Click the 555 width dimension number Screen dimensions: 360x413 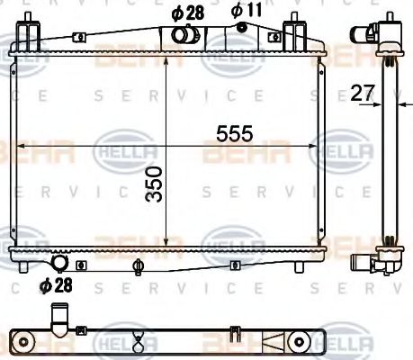coord(233,133)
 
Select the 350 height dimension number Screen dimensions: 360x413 coord(155,184)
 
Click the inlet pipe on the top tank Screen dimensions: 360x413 coord(184,36)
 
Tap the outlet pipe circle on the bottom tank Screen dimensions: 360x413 coord(60,264)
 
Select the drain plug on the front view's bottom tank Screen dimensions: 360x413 coord(138,265)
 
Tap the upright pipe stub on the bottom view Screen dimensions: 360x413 coord(60,318)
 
